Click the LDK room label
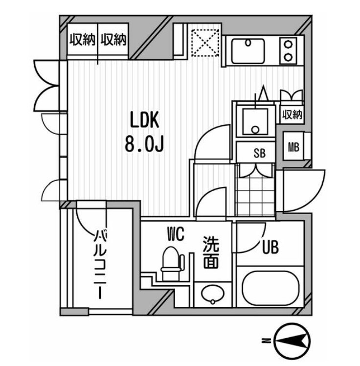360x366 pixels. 145,120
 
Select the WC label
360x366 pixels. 176,234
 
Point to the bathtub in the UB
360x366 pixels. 270,288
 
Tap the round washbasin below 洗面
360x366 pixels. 213,294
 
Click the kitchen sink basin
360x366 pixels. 248,51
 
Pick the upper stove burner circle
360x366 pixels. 289,44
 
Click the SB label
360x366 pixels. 259,153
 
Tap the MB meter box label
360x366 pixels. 293,147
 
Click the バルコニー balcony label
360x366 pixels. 100,264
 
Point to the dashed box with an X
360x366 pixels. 205,43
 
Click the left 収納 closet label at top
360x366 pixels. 83,40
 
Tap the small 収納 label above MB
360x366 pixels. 292,114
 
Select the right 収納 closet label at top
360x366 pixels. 113,40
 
